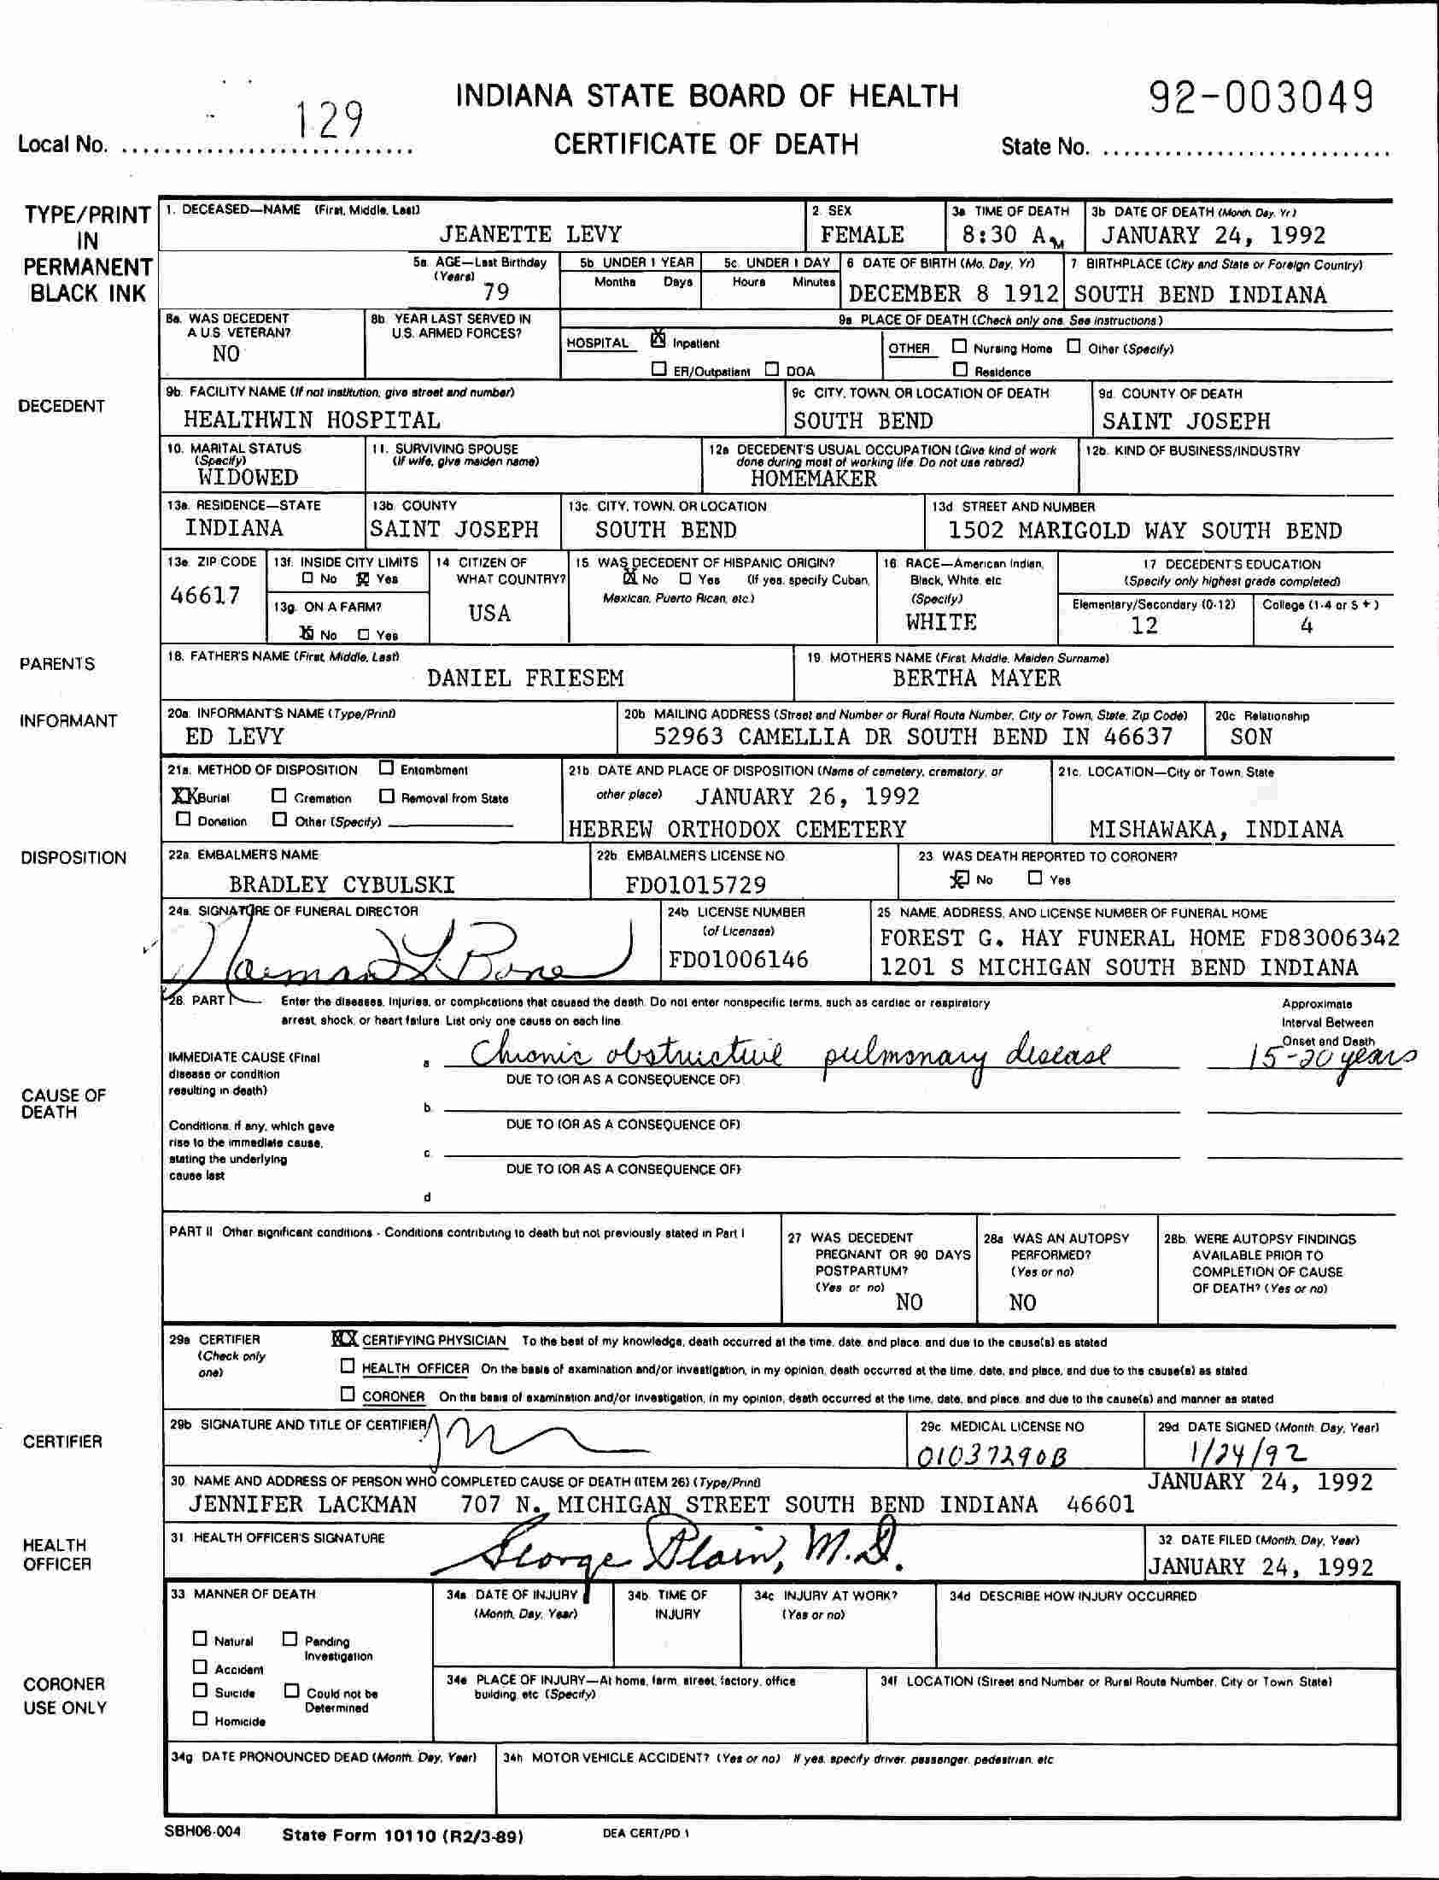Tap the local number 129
(329, 120)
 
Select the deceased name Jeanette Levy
(530, 235)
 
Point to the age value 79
(496, 292)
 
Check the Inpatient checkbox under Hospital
(658, 340)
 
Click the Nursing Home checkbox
(960, 347)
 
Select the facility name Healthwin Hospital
(312, 420)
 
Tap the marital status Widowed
(248, 478)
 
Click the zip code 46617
(206, 596)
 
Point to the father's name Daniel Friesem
(525, 679)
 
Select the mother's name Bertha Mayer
(976, 679)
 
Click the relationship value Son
(1250, 737)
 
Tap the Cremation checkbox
(279, 796)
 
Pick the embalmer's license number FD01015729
(695, 884)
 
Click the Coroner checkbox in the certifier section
(348, 1394)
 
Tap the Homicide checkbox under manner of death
(201, 1718)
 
